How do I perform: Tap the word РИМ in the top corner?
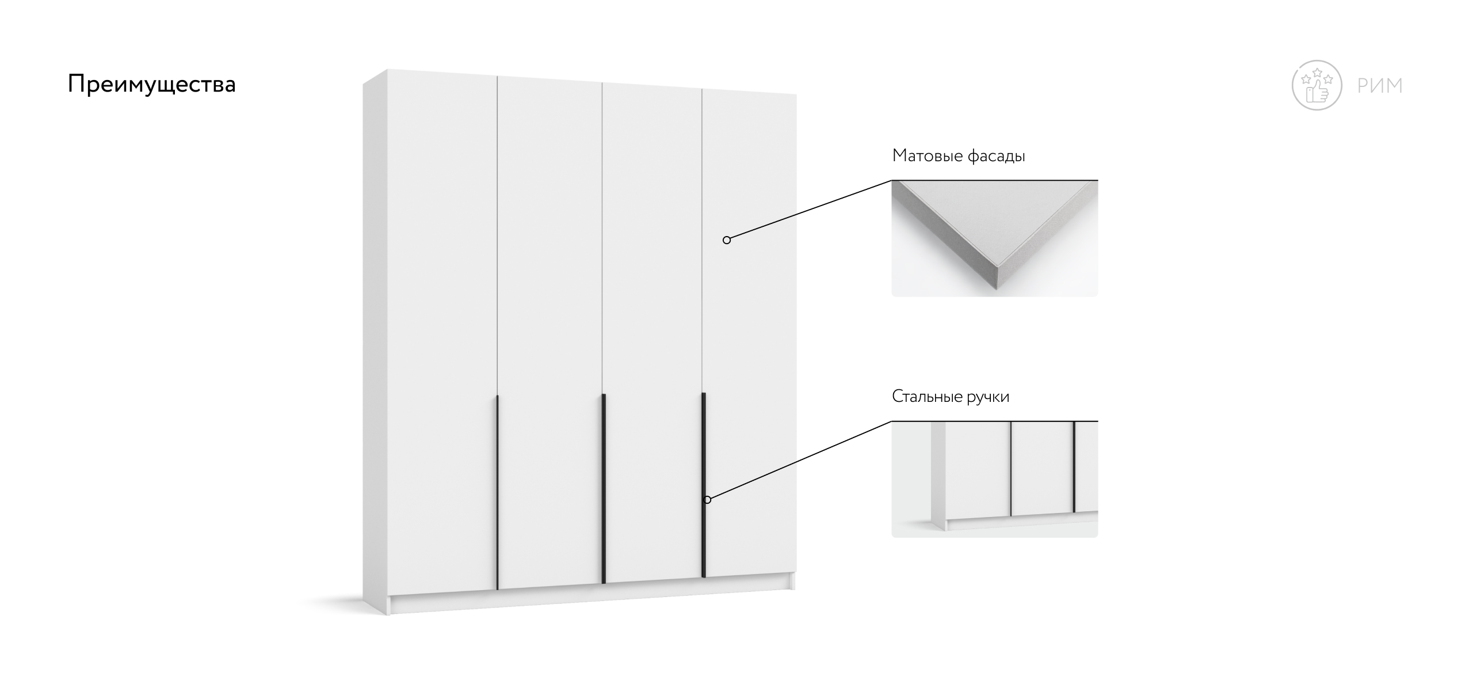pos(1380,86)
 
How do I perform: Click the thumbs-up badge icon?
pos(1317,85)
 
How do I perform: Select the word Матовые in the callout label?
pos(927,155)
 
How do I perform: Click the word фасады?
pos(997,156)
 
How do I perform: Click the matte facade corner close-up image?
pos(995,239)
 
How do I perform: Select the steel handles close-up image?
pos(995,480)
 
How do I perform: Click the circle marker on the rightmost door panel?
pos(727,240)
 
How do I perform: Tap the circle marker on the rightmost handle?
pos(707,500)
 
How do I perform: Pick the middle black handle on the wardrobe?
pos(604,489)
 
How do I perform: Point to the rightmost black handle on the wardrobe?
pos(704,485)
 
